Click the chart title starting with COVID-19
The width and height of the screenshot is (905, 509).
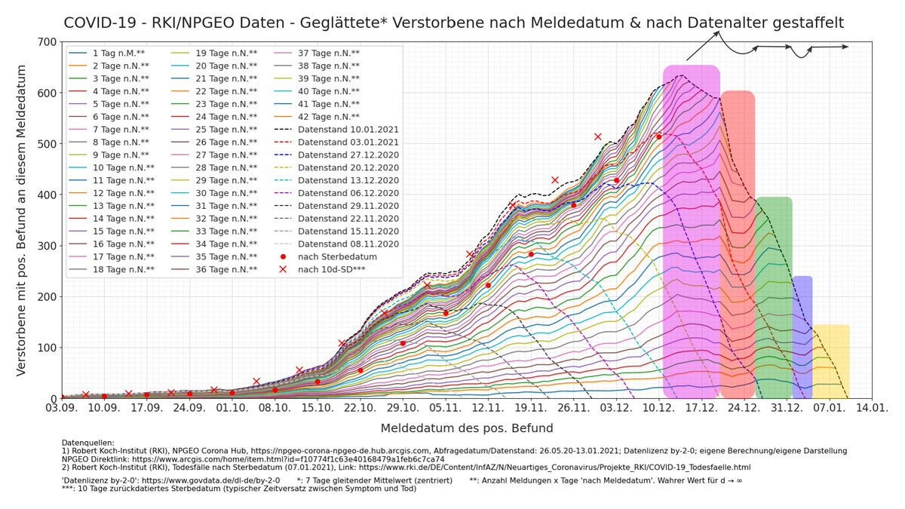(x=453, y=23)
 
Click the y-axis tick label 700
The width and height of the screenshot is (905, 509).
(x=46, y=41)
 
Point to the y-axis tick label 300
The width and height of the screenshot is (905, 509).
(x=46, y=246)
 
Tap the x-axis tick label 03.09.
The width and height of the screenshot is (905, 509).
(x=62, y=408)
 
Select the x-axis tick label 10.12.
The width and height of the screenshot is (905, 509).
(x=658, y=408)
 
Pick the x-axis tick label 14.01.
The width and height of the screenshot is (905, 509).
(x=872, y=408)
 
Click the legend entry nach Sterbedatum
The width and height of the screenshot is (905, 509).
(x=336, y=257)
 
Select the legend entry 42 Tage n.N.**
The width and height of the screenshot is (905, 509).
(x=329, y=117)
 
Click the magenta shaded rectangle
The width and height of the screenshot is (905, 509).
(x=691, y=226)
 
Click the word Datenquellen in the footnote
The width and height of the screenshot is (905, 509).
(x=87, y=443)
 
